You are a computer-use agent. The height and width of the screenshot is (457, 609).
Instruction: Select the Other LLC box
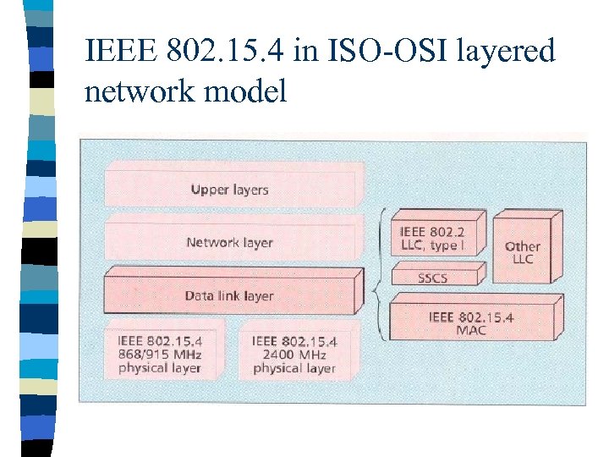523,251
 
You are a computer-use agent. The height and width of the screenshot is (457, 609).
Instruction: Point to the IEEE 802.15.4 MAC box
470,322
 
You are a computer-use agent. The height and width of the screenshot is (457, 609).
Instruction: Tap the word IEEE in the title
118,52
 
